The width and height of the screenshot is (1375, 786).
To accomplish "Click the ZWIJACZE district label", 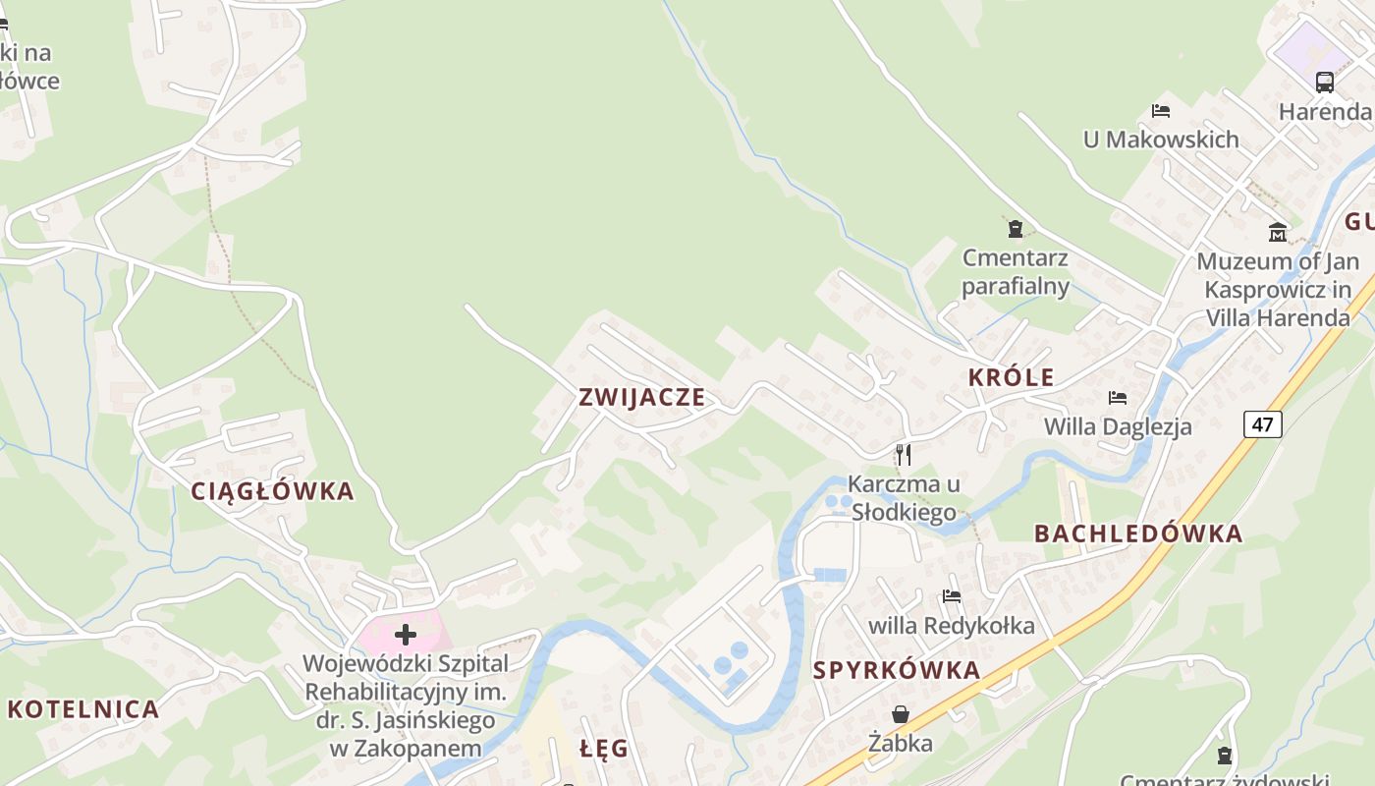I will click(x=641, y=397).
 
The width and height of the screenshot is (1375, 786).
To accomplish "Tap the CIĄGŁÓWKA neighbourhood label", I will click(x=272, y=491).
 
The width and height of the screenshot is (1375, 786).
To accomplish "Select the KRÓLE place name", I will click(x=1011, y=377).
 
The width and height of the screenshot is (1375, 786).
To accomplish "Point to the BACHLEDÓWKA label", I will click(x=1138, y=533).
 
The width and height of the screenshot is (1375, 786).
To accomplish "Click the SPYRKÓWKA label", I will click(x=897, y=670).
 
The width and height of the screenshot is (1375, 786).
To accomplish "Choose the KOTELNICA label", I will click(x=83, y=709).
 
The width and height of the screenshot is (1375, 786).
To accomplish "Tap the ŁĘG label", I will click(x=604, y=749).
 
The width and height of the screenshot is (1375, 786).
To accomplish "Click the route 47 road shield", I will click(x=1262, y=424).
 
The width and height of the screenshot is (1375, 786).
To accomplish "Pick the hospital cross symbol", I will click(x=405, y=635).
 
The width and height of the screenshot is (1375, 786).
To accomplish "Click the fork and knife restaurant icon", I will click(x=904, y=454).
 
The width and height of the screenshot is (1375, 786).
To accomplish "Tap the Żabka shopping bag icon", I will click(x=900, y=714).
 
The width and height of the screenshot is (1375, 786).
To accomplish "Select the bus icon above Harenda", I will click(x=1324, y=82).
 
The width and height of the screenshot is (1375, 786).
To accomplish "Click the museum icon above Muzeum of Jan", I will click(x=1278, y=232).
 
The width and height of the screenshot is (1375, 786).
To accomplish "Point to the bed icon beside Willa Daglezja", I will click(x=1117, y=398).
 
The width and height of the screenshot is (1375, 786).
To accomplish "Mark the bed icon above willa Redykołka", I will click(x=951, y=596).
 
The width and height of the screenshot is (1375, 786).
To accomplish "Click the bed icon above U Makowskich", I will click(x=1161, y=111).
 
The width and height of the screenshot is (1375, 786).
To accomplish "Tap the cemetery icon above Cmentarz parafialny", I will click(x=1015, y=230).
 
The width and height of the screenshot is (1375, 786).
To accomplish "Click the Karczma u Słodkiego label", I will click(x=904, y=498).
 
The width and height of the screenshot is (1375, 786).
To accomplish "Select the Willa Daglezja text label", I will click(x=1118, y=426).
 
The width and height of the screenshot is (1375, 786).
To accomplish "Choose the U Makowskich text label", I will click(x=1161, y=140).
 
